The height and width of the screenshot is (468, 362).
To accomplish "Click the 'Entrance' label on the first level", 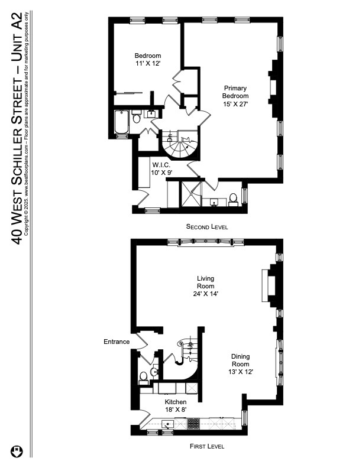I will pos(117,342).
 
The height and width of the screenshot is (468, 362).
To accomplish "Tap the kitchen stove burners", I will pos(193,423).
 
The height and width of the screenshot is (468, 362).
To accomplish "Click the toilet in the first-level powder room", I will pos(143,376).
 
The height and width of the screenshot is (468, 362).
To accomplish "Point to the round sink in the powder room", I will pos(154,372).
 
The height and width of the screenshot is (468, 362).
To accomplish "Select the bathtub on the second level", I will pos(122,122).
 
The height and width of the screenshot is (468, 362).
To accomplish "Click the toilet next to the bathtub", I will pos(137,119).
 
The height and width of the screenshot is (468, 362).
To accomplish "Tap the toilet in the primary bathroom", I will pos(234,197).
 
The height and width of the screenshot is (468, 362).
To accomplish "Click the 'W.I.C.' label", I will pos(162,164).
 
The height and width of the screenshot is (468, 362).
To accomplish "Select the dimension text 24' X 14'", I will pos(206,293).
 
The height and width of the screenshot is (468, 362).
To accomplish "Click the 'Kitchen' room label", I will pos(176,402).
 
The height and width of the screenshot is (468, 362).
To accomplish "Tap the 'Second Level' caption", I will pos(206,227).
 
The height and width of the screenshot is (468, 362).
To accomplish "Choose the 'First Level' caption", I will pos(206,447).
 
